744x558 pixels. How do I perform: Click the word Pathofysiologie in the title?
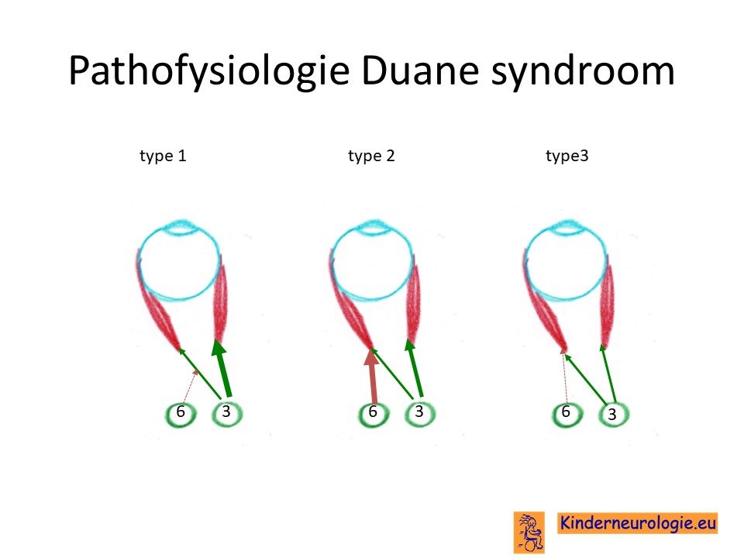coord(209,71)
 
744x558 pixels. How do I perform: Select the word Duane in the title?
coord(419,71)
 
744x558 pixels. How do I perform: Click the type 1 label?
coord(163,156)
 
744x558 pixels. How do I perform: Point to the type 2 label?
coord(371,156)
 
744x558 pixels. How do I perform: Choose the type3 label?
coord(567,156)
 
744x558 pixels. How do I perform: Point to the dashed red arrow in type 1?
coord(189,387)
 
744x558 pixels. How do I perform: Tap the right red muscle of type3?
coord(608,304)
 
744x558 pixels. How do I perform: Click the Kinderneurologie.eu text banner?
coord(637,523)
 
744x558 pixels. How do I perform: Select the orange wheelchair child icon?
coord(529,532)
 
